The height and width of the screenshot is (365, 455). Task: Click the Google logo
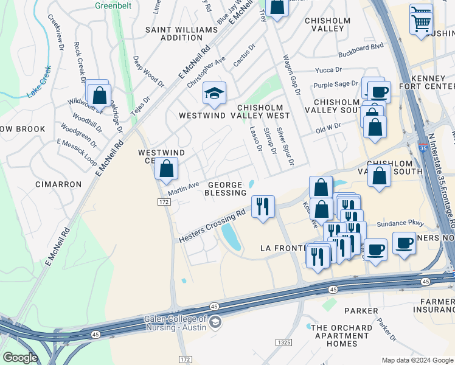[20, 358]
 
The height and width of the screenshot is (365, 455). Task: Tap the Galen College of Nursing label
[175, 323]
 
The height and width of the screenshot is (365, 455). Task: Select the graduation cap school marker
[214, 94]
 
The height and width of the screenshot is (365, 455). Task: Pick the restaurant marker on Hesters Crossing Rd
[263, 207]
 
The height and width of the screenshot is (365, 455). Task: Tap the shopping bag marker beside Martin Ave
[166, 169]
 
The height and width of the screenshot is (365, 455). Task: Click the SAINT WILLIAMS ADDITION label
[181, 33]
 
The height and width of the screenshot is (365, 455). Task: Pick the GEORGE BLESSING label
[226, 189]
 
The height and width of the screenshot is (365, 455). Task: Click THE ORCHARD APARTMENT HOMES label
[340, 335]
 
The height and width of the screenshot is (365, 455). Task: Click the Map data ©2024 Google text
[417, 360]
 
